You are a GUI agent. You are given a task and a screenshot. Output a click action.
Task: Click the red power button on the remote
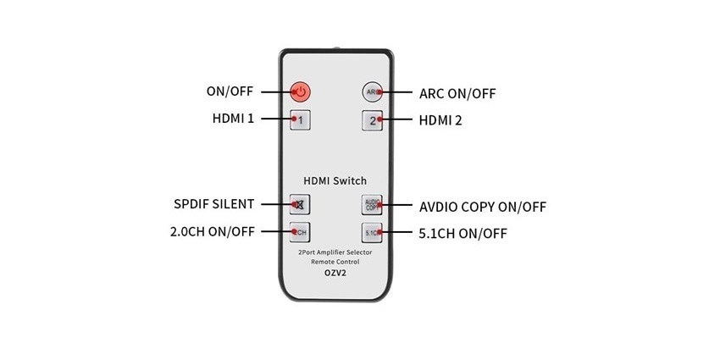pyautogui.click(x=300, y=91)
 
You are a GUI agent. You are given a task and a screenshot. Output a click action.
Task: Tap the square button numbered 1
pyautogui.click(x=300, y=119)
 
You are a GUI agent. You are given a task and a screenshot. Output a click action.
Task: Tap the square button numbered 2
pyautogui.click(x=373, y=119)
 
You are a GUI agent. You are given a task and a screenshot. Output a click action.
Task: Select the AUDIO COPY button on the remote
pyautogui.click(x=373, y=204)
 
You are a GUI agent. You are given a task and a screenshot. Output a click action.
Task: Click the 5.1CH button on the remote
pyautogui.click(x=373, y=231)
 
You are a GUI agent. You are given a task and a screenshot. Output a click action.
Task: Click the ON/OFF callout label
pyautogui.click(x=229, y=91)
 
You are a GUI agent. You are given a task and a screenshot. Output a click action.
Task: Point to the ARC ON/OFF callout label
pyautogui.click(x=457, y=92)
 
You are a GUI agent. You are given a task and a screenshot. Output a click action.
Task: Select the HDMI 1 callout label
pyautogui.click(x=233, y=119)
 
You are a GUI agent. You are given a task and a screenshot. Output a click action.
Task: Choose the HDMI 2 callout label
pyautogui.click(x=440, y=119)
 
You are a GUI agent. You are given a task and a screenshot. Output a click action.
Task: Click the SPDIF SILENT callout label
pyautogui.click(x=213, y=204)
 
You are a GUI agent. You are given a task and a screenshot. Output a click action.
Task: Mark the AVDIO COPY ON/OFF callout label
pyautogui.click(x=483, y=206)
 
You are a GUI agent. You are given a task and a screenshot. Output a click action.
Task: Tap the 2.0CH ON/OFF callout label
pyautogui.click(x=212, y=231)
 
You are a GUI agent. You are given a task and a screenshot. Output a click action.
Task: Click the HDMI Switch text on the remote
pyautogui.click(x=335, y=180)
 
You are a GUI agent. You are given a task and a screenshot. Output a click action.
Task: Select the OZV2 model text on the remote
pyautogui.click(x=335, y=274)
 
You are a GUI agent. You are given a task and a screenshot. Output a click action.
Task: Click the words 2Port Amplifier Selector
pyautogui.click(x=335, y=253)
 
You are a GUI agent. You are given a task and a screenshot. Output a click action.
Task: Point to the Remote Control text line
pyautogui.click(x=335, y=263)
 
